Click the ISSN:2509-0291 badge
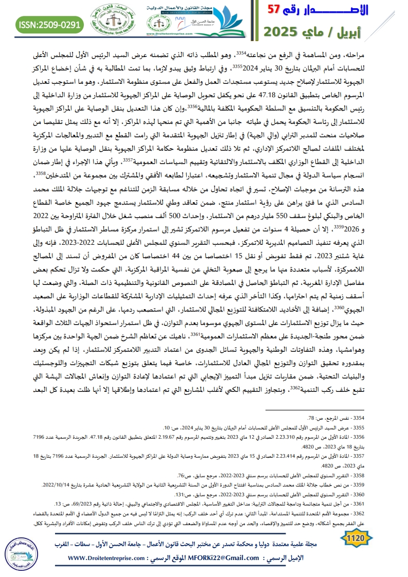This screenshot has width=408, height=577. (x=48, y=24)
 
